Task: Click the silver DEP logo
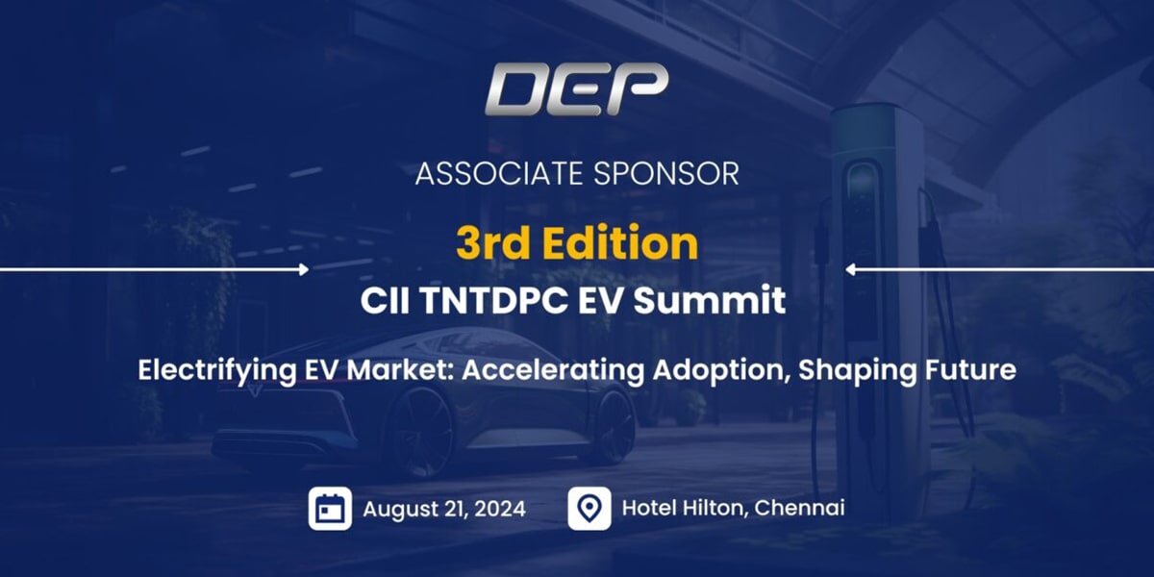(576, 89)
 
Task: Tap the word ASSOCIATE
(499, 174)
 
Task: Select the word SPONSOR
(666, 174)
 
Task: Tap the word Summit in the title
(710, 300)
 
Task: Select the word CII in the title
(385, 300)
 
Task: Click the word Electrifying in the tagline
(217, 371)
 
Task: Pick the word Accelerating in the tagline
(552, 371)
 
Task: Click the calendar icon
(330, 509)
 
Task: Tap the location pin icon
(590, 509)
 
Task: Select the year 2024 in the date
(500, 509)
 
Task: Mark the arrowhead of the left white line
(304, 269)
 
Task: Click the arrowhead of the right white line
(851, 269)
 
